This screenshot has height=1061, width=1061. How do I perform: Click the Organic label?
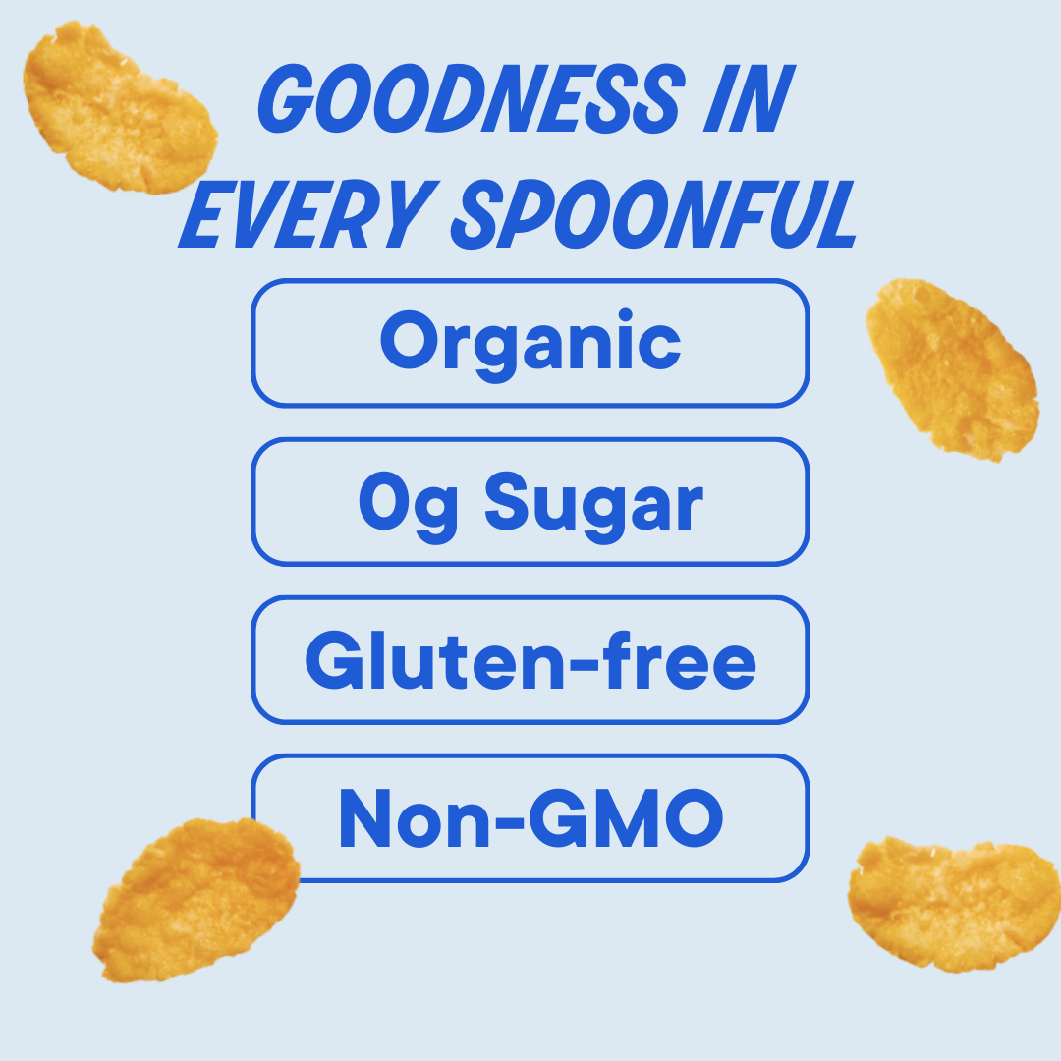click(530, 343)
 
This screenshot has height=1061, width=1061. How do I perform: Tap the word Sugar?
click(593, 503)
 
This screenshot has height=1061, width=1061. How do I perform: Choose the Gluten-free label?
click(530, 660)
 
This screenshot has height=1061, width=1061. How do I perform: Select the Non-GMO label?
click(530, 818)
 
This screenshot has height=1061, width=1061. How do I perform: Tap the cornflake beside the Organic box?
click(951, 367)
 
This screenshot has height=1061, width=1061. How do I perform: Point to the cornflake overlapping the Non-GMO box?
click(196, 899)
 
